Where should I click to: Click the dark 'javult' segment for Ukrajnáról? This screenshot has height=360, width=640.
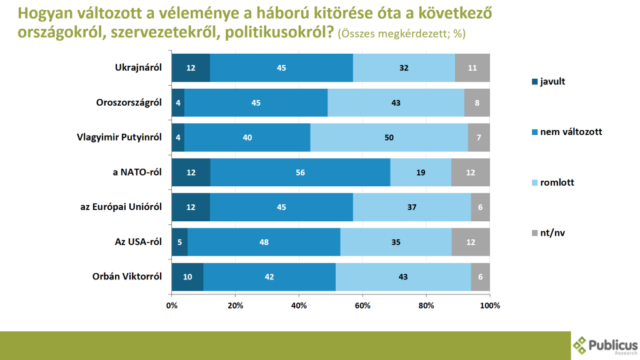(191, 67)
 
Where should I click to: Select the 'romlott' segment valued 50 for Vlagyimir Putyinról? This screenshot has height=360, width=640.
(389, 137)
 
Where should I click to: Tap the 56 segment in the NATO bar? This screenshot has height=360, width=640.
(300, 172)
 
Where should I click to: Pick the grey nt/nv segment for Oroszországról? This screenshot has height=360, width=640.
(477, 102)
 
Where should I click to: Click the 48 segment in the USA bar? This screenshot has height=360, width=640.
(264, 242)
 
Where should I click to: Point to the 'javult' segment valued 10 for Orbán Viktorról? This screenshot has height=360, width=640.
(187, 276)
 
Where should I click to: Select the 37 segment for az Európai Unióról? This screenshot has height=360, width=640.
(412, 207)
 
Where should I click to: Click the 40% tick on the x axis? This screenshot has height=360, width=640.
(299, 306)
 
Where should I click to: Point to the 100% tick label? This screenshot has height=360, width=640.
(489, 306)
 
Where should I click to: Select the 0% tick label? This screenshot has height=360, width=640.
(172, 306)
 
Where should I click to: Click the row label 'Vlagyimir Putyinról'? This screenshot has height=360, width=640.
(122, 137)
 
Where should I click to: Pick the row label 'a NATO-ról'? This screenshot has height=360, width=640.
(139, 172)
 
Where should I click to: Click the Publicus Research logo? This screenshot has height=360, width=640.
(605, 346)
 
